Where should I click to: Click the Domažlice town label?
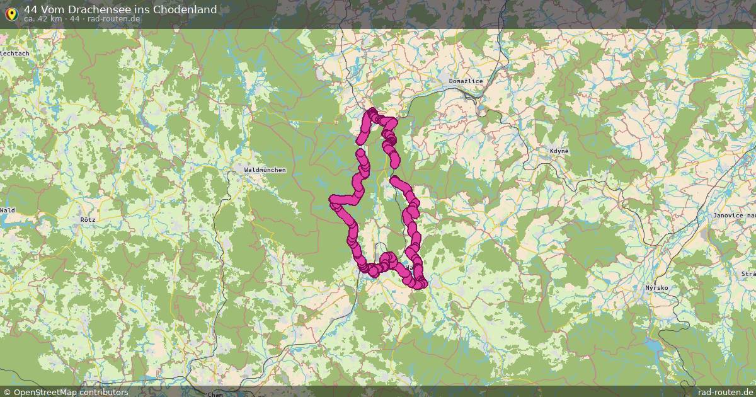(x=466, y=81)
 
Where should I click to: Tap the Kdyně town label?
(x=558, y=151)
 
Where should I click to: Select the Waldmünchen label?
(x=265, y=170)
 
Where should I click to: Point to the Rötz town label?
(x=88, y=219)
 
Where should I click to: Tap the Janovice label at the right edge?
(x=733, y=216)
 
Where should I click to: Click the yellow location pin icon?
(x=11, y=13)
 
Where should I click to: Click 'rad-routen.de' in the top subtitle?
(x=114, y=19)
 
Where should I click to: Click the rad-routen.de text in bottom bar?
(x=724, y=392)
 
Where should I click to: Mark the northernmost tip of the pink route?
(x=371, y=112)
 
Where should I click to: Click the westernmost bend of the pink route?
(x=333, y=200)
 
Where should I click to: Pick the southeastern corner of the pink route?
(x=421, y=284)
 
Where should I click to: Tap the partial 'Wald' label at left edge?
(x=7, y=210)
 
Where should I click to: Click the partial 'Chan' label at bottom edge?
(x=215, y=394)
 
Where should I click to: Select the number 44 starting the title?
(x=31, y=9)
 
